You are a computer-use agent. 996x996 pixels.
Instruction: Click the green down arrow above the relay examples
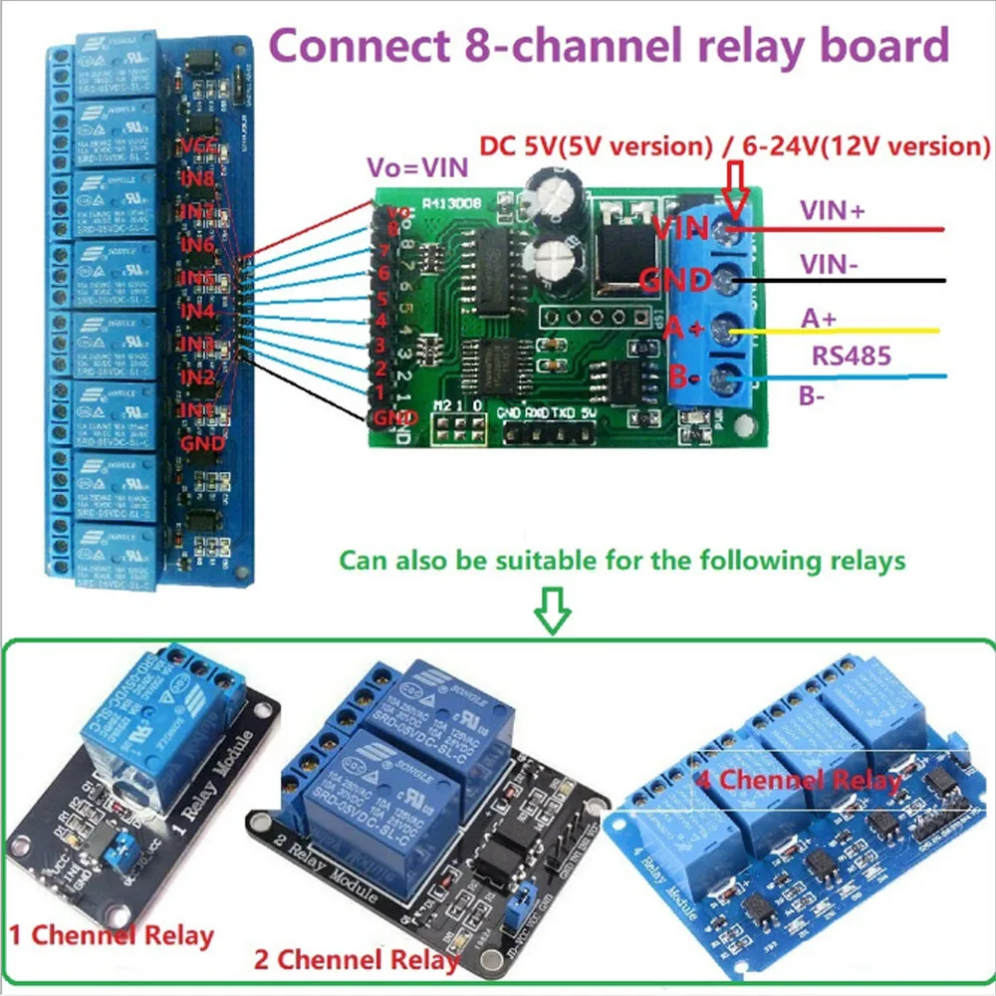coord(553,610)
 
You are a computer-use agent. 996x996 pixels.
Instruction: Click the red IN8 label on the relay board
coord(197,180)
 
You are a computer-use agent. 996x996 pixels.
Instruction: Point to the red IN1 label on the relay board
coord(197,409)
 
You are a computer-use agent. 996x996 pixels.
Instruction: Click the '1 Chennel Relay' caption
coord(112,935)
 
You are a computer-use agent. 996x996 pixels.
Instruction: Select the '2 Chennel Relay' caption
coord(356,960)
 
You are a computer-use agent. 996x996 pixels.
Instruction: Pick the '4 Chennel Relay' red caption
coord(798,779)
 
